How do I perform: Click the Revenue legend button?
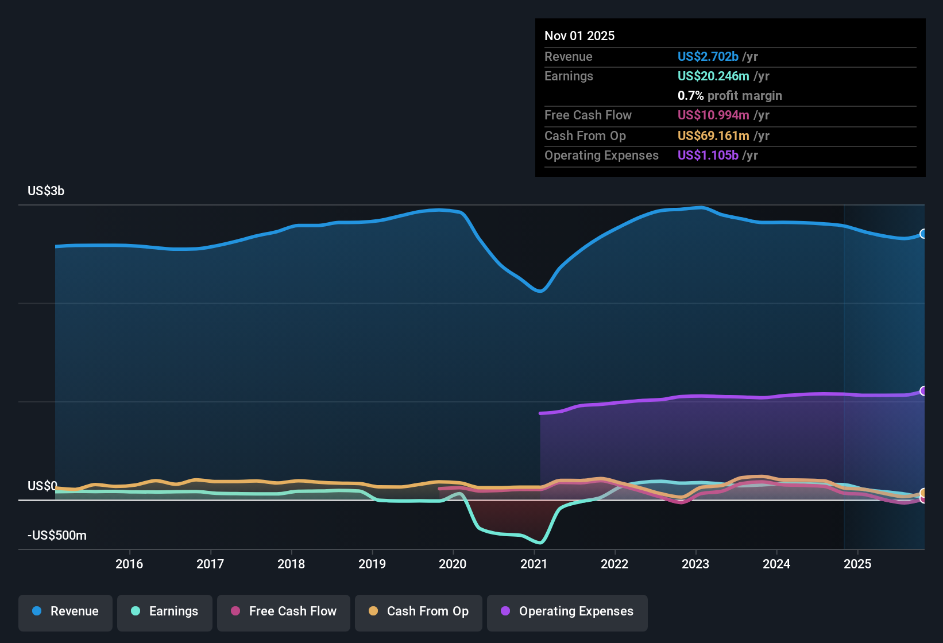pyautogui.click(x=65, y=612)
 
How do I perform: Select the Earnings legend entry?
pyautogui.click(x=165, y=612)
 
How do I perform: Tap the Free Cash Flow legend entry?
pyautogui.click(x=284, y=612)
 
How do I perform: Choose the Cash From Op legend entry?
pyautogui.click(x=419, y=612)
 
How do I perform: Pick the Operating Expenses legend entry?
pyautogui.click(x=567, y=612)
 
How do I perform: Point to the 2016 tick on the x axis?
pyautogui.click(x=129, y=564)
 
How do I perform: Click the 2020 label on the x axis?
pyautogui.click(x=453, y=564)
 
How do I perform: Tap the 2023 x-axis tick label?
pyautogui.click(x=695, y=564)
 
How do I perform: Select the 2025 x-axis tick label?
pyautogui.click(x=857, y=564)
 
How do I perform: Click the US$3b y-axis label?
pyautogui.click(x=46, y=191)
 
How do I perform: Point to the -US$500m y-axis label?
pyautogui.click(x=57, y=536)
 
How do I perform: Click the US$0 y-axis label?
pyautogui.click(x=42, y=486)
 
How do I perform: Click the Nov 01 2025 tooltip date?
pyautogui.click(x=579, y=36)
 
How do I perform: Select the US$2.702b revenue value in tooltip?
pyautogui.click(x=708, y=57)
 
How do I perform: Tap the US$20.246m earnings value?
pyautogui.click(x=713, y=76)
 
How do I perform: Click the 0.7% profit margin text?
pyautogui.click(x=729, y=96)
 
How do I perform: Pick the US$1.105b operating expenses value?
pyautogui.click(x=708, y=156)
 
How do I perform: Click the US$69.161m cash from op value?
pyautogui.click(x=713, y=136)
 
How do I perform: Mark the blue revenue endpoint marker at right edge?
pyautogui.click(x=923, y=234)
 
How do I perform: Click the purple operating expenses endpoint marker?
pyautogui.click(x=923, y=391)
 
